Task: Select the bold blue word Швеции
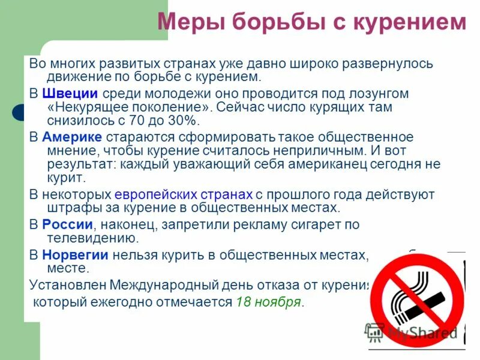click(70, 94)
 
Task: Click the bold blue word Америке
click(72, 136)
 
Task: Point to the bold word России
click(67, 224)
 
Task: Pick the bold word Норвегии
click(75, 254)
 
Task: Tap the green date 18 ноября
click(268, 302)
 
